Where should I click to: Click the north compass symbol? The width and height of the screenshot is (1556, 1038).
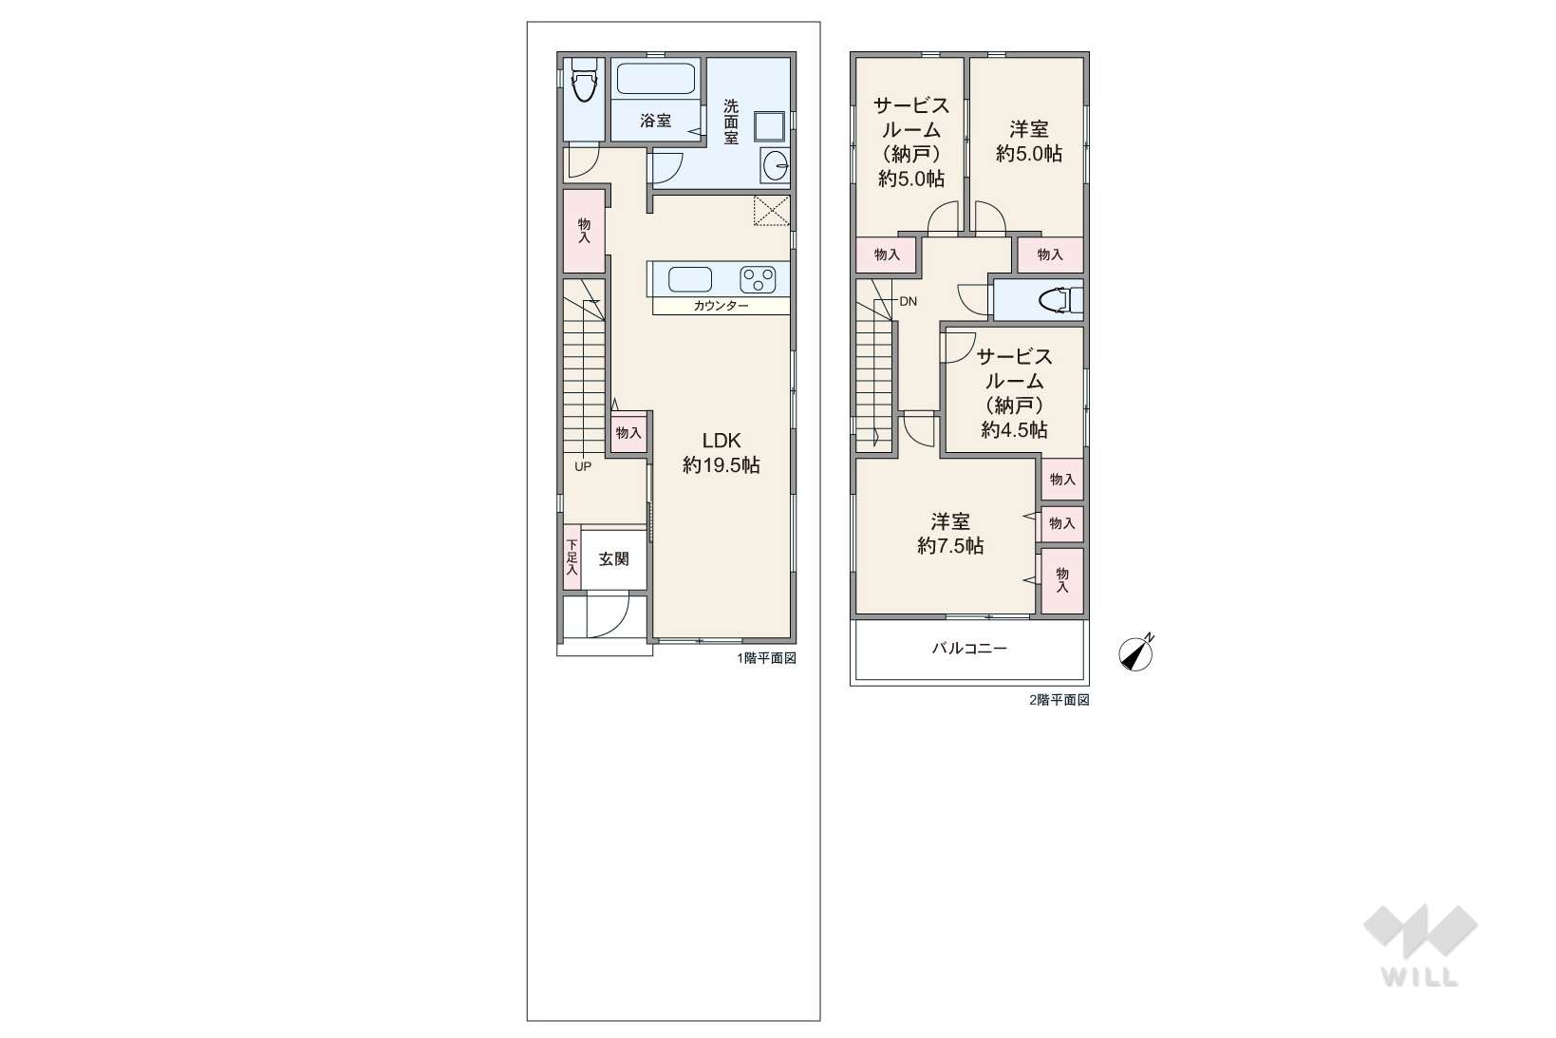point(1135,653)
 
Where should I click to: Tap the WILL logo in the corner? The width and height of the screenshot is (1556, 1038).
point(1420,946)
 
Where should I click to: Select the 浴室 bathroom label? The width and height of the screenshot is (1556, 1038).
point(656,121)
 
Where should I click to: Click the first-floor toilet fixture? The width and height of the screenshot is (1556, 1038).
point(584,80)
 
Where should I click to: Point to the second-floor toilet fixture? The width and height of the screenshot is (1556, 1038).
point(1060,300)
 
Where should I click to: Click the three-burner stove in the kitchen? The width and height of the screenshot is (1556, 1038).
point(758,280)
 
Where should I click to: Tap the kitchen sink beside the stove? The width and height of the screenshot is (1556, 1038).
point(690,280)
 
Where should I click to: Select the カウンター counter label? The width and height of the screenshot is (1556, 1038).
point(722,306)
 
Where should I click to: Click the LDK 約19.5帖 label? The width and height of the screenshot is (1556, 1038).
point(722,453)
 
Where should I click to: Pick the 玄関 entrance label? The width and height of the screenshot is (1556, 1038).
point(614,559)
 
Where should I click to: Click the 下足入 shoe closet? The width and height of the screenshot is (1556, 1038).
point(572,557)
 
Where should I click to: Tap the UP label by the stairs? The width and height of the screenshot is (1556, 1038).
point(583,467)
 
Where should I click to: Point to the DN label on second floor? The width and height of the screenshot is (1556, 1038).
point(908,302)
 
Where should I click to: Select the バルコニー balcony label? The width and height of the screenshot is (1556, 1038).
point(969,649)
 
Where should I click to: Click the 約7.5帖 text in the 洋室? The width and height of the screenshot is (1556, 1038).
point(950,546)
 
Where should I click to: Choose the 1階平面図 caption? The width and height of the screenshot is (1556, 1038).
point(767,658)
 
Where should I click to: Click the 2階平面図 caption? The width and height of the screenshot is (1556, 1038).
point(1059,700)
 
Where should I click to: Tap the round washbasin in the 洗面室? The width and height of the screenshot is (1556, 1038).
point(776,166)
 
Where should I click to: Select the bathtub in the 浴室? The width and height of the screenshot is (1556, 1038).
point(656,79)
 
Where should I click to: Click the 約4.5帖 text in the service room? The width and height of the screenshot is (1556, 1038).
point(1014,430)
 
